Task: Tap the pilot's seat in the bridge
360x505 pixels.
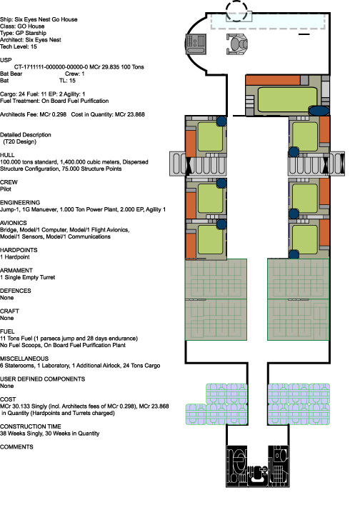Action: (x=238, y=44)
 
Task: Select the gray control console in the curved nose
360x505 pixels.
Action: (x=196, y=44)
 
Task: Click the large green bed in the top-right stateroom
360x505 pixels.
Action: (x=287, y=99)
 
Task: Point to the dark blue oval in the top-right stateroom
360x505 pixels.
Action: (x=319, y=111)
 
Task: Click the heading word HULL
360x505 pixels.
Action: (x=7, y=155)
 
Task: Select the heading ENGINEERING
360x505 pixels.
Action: (x=20, y=203)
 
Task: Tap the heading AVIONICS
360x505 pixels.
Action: (x=14, y=223)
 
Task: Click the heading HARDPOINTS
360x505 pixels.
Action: (x=19, y=250)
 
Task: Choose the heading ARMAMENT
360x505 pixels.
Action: (x=16, y=271)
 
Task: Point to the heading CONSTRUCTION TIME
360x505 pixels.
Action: (x=31, y=426)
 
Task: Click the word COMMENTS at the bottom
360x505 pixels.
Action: (x=16, y=447)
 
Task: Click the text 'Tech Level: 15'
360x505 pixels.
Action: (x=19, y=46)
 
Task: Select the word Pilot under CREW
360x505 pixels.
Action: (x=6, y=189)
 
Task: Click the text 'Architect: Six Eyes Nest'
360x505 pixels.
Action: (x=31, y=40)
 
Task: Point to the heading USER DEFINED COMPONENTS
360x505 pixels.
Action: (x=43, y=379)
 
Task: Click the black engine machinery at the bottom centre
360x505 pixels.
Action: (x=258, y=466)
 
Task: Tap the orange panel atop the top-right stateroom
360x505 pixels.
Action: (x=273, y=80)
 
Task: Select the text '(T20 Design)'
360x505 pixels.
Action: (x=19, y=141)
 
